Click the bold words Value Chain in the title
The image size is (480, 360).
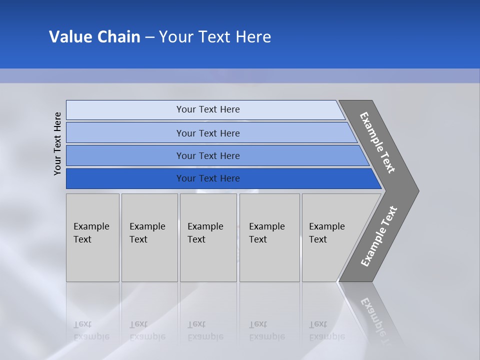(94, 37)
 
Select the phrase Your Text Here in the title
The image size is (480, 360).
(215, 37)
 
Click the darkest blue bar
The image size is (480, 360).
(125, 178)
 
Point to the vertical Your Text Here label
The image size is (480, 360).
(57, 143)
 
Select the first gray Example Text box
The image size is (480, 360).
(92, 237)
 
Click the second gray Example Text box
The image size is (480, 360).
(149, 237)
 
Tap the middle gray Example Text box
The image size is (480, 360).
(208, 237)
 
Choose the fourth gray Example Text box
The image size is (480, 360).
(269, 237)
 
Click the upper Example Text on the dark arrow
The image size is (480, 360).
(377, 142)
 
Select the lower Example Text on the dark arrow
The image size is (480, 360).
(378, 236)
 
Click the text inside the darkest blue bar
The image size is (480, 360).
(208, 178)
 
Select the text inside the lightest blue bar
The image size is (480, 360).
(208, 109)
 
